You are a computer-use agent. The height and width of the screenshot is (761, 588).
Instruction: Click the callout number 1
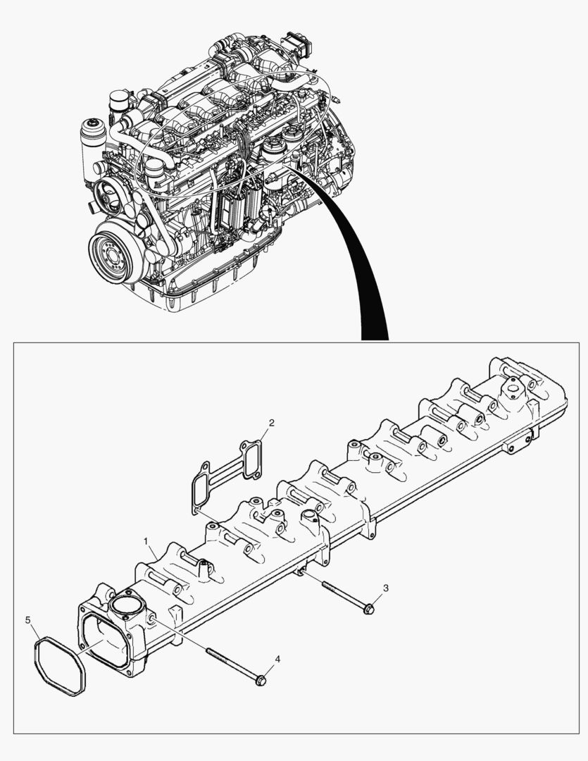146,541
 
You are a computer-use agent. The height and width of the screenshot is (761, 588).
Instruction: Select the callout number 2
272,423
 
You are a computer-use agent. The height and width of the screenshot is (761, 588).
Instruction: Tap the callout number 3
386,587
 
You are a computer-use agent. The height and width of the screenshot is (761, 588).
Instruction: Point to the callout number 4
277,659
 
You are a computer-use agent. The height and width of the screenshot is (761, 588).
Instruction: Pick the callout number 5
28,620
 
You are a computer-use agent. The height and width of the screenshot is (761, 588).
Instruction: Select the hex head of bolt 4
260,681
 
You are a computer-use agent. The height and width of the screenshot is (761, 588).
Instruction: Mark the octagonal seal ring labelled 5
59,666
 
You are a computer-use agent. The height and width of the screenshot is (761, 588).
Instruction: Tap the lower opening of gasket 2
201,485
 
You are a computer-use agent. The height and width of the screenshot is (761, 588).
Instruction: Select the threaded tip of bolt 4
210,651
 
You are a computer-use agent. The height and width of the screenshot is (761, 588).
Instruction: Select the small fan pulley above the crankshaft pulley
108,194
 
